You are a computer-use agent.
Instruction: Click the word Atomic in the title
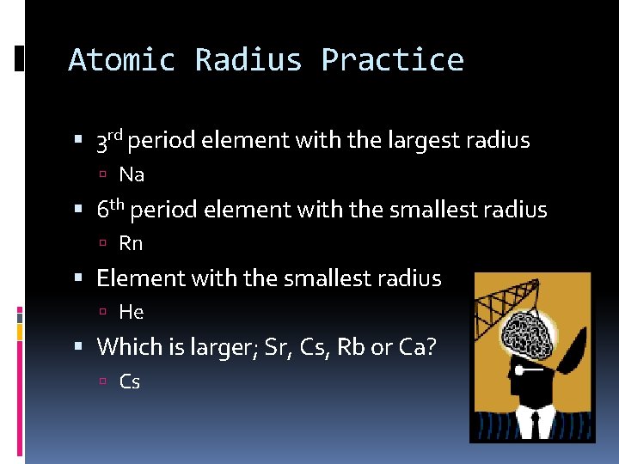(x=121, y=60)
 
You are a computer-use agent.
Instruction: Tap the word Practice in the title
(x=392, y=60)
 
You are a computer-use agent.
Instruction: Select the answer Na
(x=132, y=175)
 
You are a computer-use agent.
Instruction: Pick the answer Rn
(x=131, y=244)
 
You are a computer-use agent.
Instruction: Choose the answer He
(x=132, y=313)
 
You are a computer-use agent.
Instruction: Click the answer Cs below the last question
(x=130, y=382)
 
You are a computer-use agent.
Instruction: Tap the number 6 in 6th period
(x=102, y=211)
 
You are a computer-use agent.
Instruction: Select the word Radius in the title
(x=248, y=60)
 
